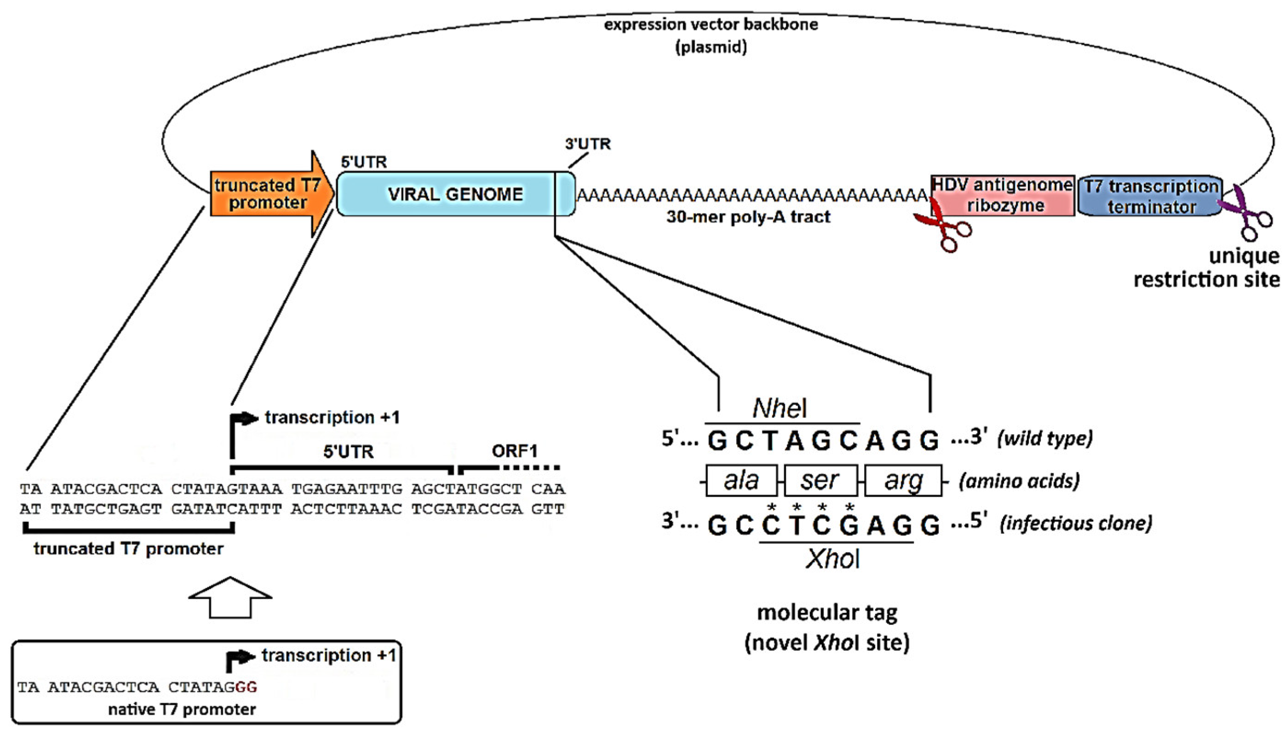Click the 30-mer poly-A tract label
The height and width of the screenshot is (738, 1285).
pyautogui.click(x=748, y=218)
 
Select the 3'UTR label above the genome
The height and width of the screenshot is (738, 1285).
pyautogui.click(x=588, y=144)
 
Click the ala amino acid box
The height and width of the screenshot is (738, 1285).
pyautogui.click(x=741, y=480)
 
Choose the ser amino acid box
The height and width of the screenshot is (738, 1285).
pyautogui.click(x=820, y=480)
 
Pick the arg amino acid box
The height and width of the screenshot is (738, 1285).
pyautogui.click(x=903, y=480)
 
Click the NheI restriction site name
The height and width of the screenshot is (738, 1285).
pyautogui.click(x=780, y=409)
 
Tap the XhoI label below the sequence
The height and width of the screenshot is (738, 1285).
pyautogui.click(x=833, y=559)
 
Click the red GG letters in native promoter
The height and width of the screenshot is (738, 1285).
pyautogui.click(x=246, y=687)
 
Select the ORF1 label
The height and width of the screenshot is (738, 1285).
pyautogui.click(x=515, y=450)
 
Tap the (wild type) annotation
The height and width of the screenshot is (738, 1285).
pyautogui.click(x=1044, y=438)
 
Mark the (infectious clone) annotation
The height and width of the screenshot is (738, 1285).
pyautogui.click(x=1076, y=523)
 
